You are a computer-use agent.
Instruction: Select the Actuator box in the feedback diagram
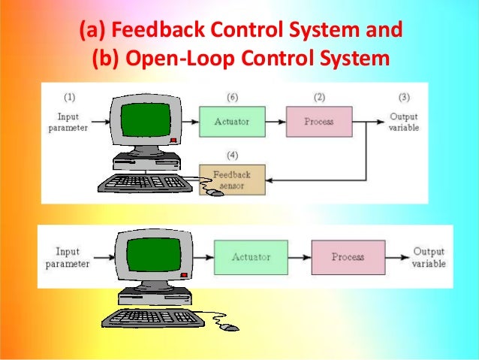[x=231, y=121]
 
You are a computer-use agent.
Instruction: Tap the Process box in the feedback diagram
[x=318, y=121]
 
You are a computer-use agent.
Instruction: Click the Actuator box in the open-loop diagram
[x=251, y=257]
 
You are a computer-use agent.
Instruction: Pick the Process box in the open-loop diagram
[x=348, y=257]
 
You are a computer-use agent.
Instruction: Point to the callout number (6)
[x=231, y=97]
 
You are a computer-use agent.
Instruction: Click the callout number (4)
[x=231, y=156]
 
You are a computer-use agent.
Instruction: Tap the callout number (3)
[x=404, y=97]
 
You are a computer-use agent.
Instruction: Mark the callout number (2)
[x=319, y=97]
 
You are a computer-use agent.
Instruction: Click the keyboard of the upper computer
[x=143, y=182]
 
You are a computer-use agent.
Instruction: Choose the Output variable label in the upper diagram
[x=404, y=122]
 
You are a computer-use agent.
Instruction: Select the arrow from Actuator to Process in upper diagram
[x=276, y=121]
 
